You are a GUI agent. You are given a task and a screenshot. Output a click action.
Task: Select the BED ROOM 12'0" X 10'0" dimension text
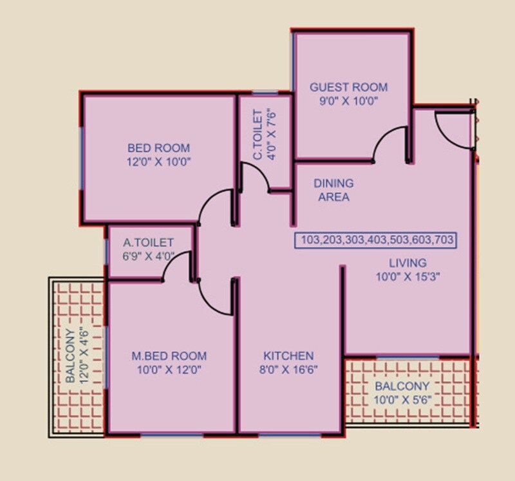pos(159,162)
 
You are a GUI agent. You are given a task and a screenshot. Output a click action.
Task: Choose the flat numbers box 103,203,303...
pos(376,240)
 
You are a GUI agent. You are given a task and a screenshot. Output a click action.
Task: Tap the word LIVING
pos(407,263)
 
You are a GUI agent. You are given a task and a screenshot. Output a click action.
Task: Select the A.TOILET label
pos(149,243)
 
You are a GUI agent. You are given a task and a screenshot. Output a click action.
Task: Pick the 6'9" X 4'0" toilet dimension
pos(149,256)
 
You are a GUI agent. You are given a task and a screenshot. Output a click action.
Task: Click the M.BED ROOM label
pos(169,356)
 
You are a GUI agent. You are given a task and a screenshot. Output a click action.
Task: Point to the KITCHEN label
pos(288,356)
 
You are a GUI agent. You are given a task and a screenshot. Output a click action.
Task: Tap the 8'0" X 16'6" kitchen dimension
pos(288,370)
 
